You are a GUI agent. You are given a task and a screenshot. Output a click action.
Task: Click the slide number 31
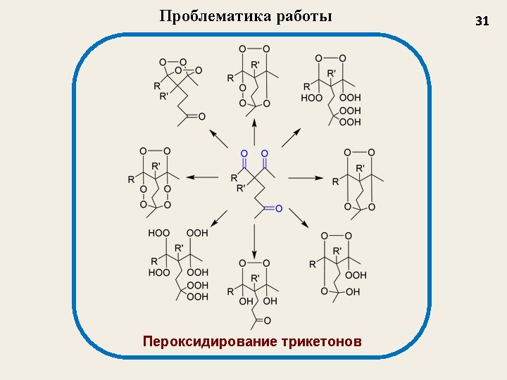tap(482, 21)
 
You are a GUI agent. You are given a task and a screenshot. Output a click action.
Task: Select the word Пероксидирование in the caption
tap(209, 342)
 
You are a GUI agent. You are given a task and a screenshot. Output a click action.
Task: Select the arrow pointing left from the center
tap(204, 177)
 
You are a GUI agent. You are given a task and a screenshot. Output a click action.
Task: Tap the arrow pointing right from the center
tap(304, 177)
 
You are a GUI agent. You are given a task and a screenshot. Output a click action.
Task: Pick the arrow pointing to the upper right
tap(292, 137)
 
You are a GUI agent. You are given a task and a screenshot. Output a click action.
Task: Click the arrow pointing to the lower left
tap(217, 218)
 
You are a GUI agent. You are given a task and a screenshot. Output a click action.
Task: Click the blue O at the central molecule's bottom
tap(278, 208)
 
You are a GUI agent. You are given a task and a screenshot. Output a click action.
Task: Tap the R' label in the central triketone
tap(242, 188)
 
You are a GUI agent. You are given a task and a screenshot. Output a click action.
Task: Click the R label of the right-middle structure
tap(335, 182)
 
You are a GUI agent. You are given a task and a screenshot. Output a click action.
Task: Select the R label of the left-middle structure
tap(131, 179)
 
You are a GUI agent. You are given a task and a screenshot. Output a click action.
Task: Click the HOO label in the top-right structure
tap(311, 98)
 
